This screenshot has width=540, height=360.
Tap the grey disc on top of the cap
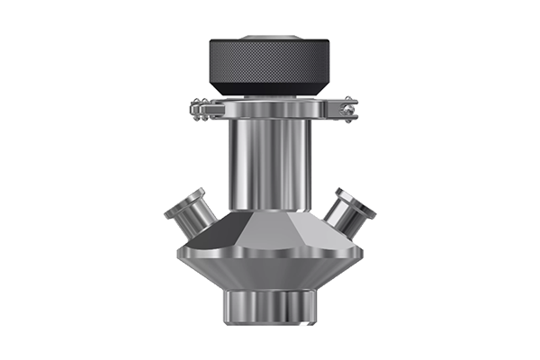(269, 38)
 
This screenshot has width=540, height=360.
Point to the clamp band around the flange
(270, 112)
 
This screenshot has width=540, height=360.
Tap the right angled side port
(346, 211)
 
